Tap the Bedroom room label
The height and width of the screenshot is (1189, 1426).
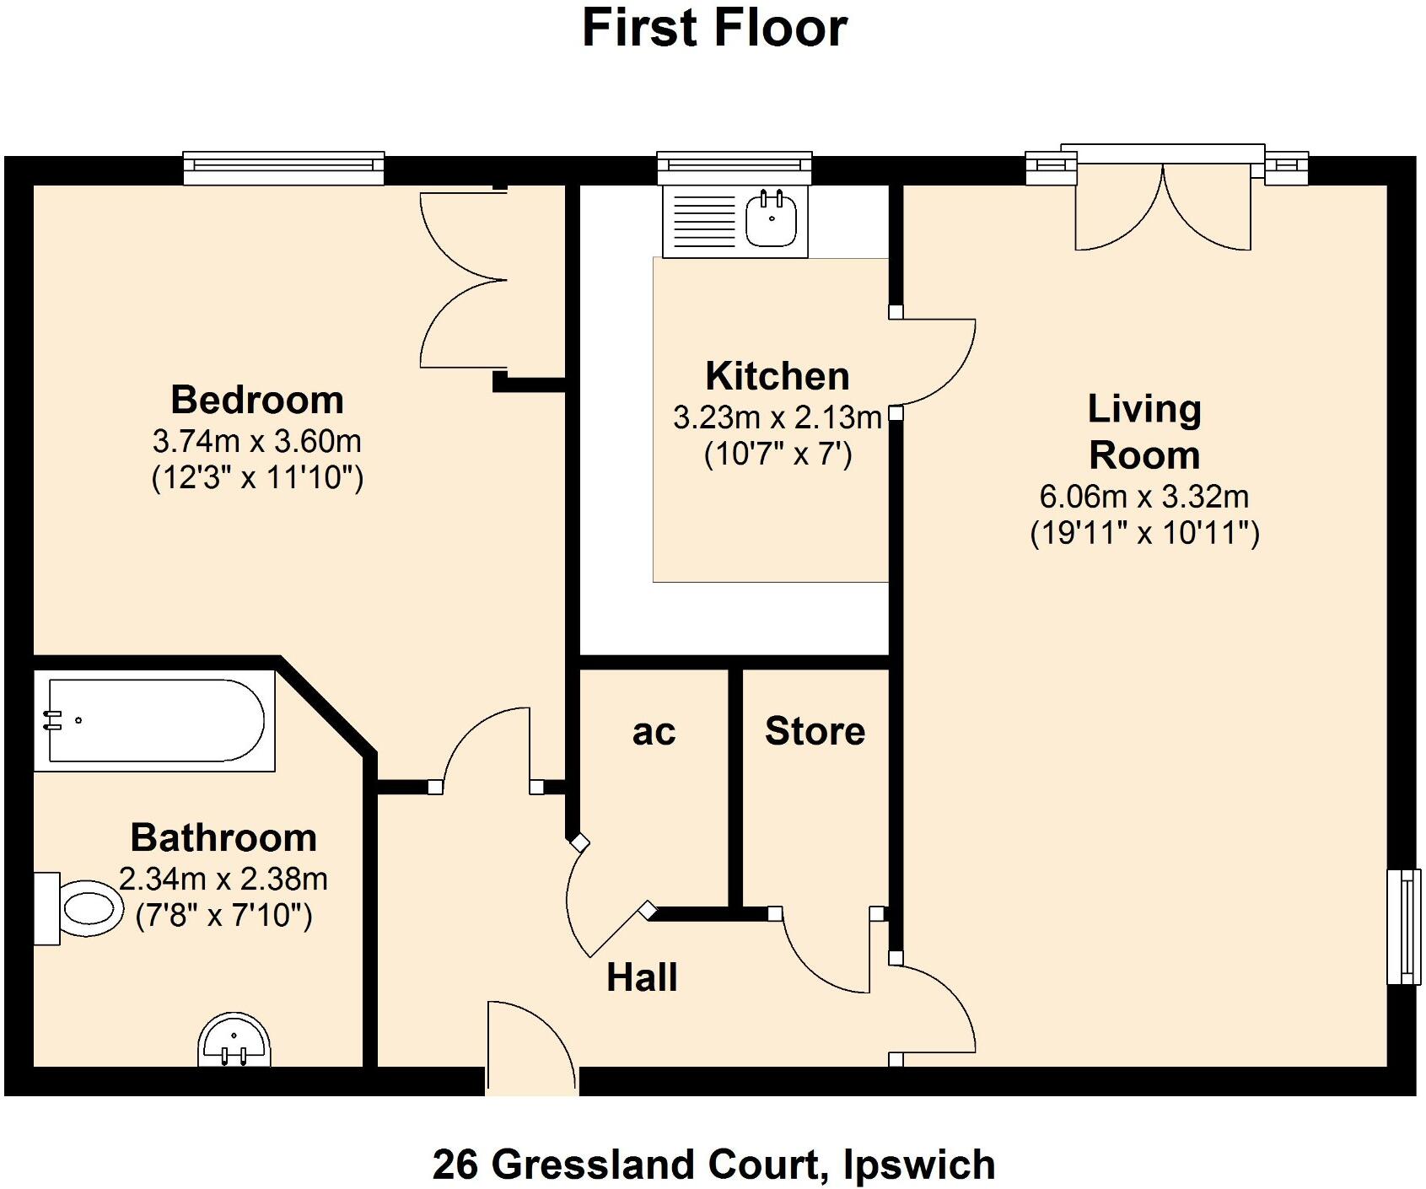pyautogui.click(x=257, y=400)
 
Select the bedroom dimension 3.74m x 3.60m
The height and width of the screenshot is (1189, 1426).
pyautogui.click(x=257, y=440)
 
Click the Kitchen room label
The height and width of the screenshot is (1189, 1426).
pyautogui.click(x=777, y=376)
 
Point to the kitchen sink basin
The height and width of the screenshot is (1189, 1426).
pyautogui.click(x=772, y=220)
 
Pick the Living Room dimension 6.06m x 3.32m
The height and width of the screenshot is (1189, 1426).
pyautogui.click(x=1143, y=497)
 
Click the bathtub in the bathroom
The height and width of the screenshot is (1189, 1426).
pyautogui.click(x=154, y=721)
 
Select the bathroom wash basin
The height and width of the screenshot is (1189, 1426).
pyautogui.click(x=235, y=1042)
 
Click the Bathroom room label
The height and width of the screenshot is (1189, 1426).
pyautogui.click(x=223, y=837)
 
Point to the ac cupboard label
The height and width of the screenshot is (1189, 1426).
pyautogui.click(x=654, y=732)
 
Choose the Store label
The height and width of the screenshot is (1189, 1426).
pyautogui.click(x=815, y=731)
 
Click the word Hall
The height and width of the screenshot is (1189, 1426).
pyautogui.click(x=642, y=977)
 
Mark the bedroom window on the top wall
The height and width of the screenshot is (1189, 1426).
pyautogui.click(x=283, y=168)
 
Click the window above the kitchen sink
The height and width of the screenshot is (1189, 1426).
pyautogui.click(x=735, y=168)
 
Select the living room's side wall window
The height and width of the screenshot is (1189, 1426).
pyautogui.click(x=1403, y=926)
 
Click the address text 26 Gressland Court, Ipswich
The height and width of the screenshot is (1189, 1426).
pyautogui.click(x=713, y=1165)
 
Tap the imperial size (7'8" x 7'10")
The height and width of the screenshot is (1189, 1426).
pyautogui.click(x=223, y=916)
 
